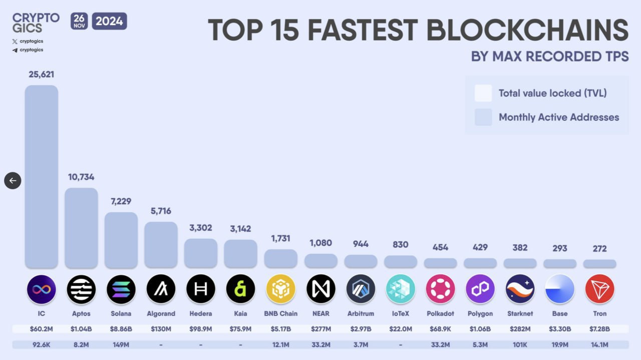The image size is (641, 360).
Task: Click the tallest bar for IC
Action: click(x=42, y=176)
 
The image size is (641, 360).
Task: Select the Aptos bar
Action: click(x=81, y=228)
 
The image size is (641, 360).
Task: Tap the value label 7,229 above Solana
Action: click(x=121, y=201)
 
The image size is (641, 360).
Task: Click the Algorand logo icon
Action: click(x=161, y=289)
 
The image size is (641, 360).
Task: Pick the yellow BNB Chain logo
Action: click(x=280, y=289)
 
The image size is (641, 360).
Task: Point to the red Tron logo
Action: click(x=599, y=289)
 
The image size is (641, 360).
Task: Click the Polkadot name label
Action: click(x=440, y=313)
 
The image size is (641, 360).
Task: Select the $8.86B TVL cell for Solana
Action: click(x=121, y=329)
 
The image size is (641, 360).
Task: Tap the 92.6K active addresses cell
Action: click(x=42, y=344)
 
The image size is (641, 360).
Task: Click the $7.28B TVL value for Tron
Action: click(x=599, y=329)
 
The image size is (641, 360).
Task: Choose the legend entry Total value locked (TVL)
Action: click(x=552, y=93)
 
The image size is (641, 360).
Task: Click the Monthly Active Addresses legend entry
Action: click(x=558, y=117)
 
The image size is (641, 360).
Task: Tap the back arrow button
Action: click(x=13, y=181)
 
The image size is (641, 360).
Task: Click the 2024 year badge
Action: click(x=109, y=21)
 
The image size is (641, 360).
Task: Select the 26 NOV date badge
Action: click(x=79, y=21)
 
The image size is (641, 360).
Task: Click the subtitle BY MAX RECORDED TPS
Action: click(x=549, y=56)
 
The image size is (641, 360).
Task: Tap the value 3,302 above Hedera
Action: click(x=201, y=228)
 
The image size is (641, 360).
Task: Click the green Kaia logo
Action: click(x=240, y=289)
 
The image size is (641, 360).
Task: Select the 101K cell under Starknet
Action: click(x=520, y=344)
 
